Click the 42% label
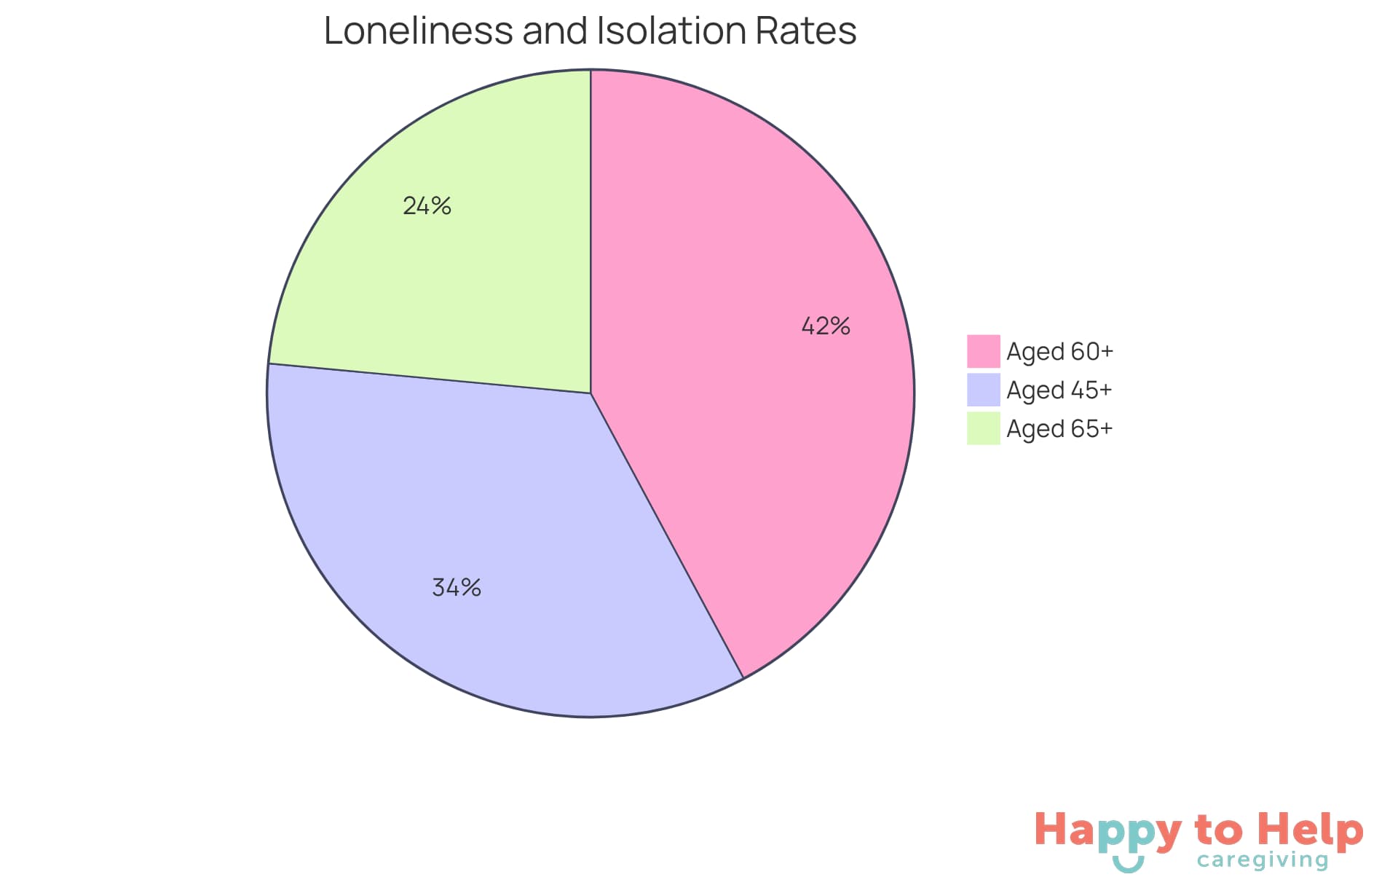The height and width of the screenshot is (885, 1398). click(826, 326)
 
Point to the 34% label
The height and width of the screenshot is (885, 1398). click(457, 587)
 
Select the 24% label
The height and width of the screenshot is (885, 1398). click(427, 206)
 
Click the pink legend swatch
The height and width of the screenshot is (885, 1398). click(983, 351)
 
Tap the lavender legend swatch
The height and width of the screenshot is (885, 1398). click(983, 390)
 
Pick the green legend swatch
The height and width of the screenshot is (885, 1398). click(983, 428)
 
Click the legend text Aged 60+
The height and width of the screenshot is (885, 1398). click(1059, 351)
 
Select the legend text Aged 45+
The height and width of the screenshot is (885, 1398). click(1059, 390)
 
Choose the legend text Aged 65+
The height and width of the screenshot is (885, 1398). click(1059, 428)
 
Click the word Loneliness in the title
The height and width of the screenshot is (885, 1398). click(419, 31)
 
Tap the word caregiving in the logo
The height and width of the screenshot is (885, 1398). click(1263, 860)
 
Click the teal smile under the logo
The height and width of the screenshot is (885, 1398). click(1128, 865)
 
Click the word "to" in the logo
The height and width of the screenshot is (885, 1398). click(1219, 830)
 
